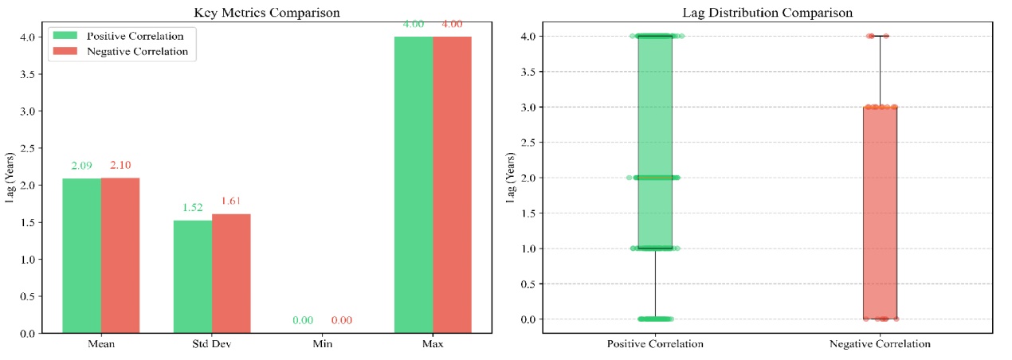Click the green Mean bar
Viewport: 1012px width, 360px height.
[81, 255]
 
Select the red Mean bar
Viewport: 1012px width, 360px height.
[120, 255]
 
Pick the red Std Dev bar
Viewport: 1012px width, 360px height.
[231, 273]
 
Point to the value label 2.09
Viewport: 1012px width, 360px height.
[81, 166]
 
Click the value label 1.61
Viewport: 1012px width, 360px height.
[231, 202]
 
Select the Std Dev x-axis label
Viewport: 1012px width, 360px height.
[212, 345]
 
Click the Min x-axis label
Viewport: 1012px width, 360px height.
[323, 345]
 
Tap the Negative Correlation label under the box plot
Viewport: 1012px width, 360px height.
[880, 345]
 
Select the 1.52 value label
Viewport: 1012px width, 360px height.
[193, 208]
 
